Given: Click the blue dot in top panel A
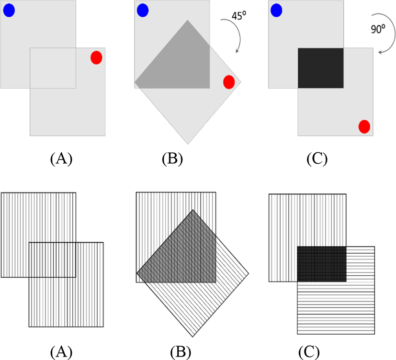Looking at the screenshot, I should pyautogui.click(x=9, y=11).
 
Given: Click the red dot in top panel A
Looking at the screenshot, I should pyautogui.click(x=96, y=57).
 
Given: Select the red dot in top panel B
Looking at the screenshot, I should pyautogui.click(x=229, y=82).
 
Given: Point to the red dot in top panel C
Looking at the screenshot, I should pyautogui.click(x=364, y=126).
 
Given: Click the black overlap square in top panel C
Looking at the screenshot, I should pyautogui.click(x=320, y=67).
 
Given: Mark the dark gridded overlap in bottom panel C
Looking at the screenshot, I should pyautogui.click(x=321, y=264).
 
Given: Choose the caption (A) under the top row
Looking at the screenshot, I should pyautogui.click(x=61, y=158).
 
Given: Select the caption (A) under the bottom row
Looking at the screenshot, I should pyautogui.click(x=61, y=352).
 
